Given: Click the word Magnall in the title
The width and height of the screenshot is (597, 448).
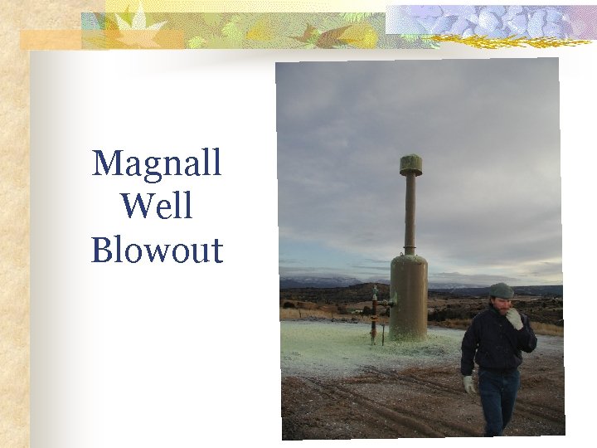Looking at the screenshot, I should [157, 163].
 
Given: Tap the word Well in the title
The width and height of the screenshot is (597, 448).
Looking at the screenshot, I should [157, 206].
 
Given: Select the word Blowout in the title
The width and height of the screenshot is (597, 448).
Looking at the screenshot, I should [157, 250].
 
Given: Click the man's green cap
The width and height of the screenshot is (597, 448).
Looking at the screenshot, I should [500, 290].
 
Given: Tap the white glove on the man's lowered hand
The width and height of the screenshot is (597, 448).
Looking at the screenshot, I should [470, 384].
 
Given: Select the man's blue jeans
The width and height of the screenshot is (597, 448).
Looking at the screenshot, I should [498, 402].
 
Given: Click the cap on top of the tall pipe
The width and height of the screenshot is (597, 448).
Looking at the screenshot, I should [410, 164].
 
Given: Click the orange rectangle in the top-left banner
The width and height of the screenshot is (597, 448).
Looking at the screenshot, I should [50, 39].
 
